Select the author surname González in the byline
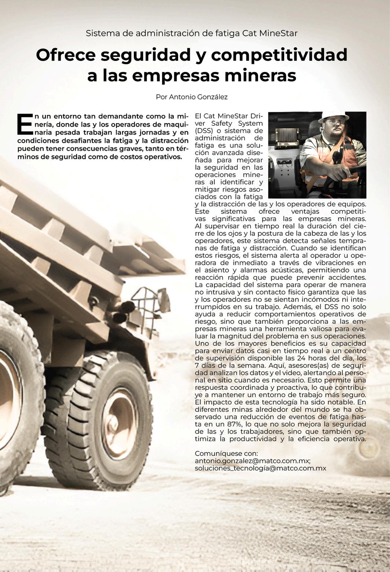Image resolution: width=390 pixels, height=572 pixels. pos(212,97)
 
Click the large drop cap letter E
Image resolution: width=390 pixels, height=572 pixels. pos(25,124)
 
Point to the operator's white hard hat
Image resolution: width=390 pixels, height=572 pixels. pos(333,116)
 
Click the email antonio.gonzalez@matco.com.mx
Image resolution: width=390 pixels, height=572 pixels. pos(253,461)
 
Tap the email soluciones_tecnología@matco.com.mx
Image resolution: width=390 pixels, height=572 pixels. pos(260,468)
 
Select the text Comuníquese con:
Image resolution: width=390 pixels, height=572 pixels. pos(226,454)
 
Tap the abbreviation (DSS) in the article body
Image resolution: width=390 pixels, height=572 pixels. pos(205,131)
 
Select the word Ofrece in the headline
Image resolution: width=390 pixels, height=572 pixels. pos(66,55)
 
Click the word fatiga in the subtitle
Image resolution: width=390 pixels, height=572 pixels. pos(229,33)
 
